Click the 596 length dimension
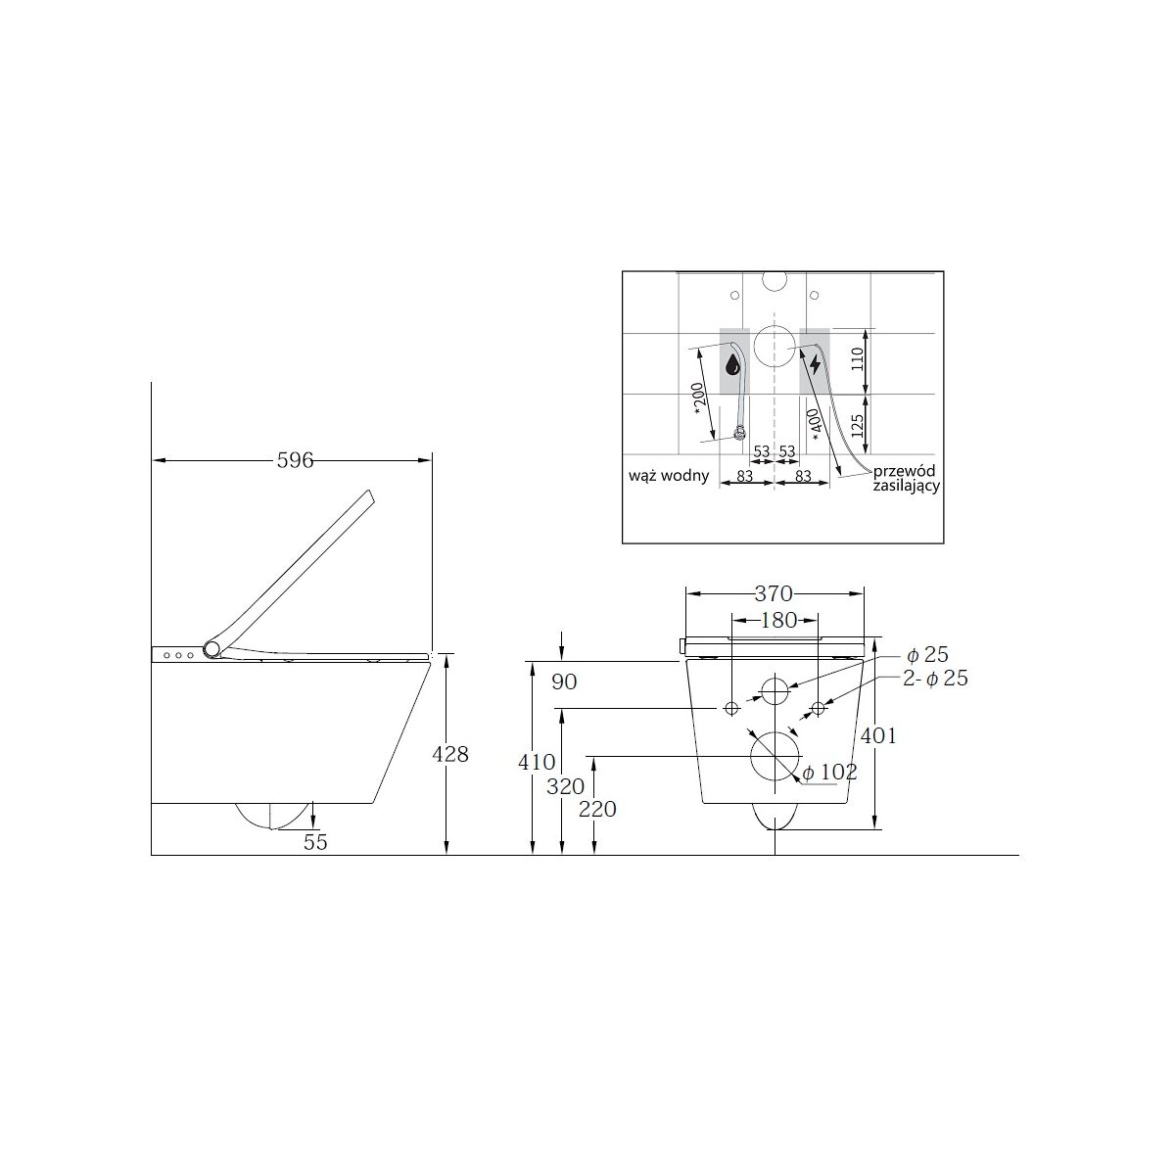coord(295,460)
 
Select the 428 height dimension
coord(450,754)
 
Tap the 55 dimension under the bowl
coord(315,842)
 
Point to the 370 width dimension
coord(774,592)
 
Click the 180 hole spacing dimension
coord(778,620)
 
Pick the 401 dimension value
coord(878,736)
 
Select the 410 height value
coord(537,762)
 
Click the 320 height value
coord(565,786)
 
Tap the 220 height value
coord(597,809)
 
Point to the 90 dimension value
coord(564,681)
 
